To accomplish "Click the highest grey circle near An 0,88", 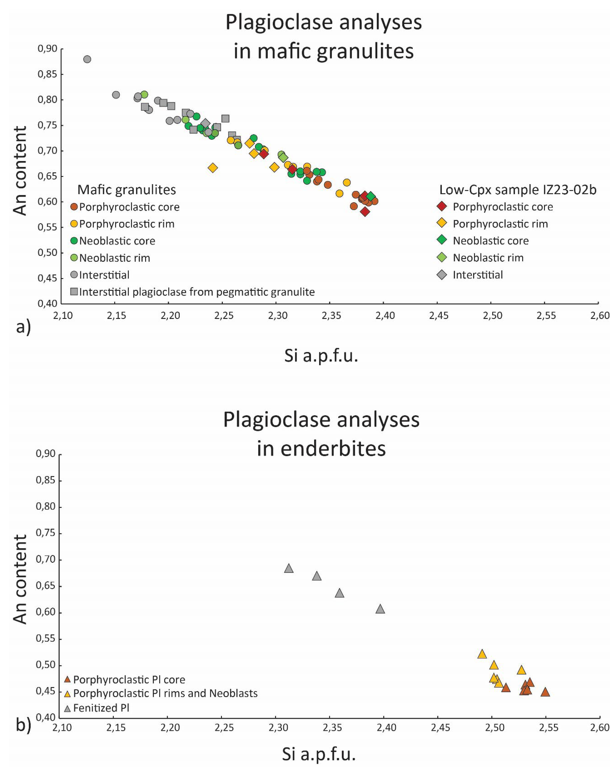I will pyautogui.click(x=87, y=59).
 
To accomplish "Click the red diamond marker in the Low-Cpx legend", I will pyautogui.click(x=441, y=206).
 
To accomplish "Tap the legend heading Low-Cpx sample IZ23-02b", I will pyautogui.click(x=518, y=190).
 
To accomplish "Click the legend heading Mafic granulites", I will pyautogui.click(x=127, y=190).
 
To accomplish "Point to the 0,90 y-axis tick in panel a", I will pyautogui.click(x=47, y=48).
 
